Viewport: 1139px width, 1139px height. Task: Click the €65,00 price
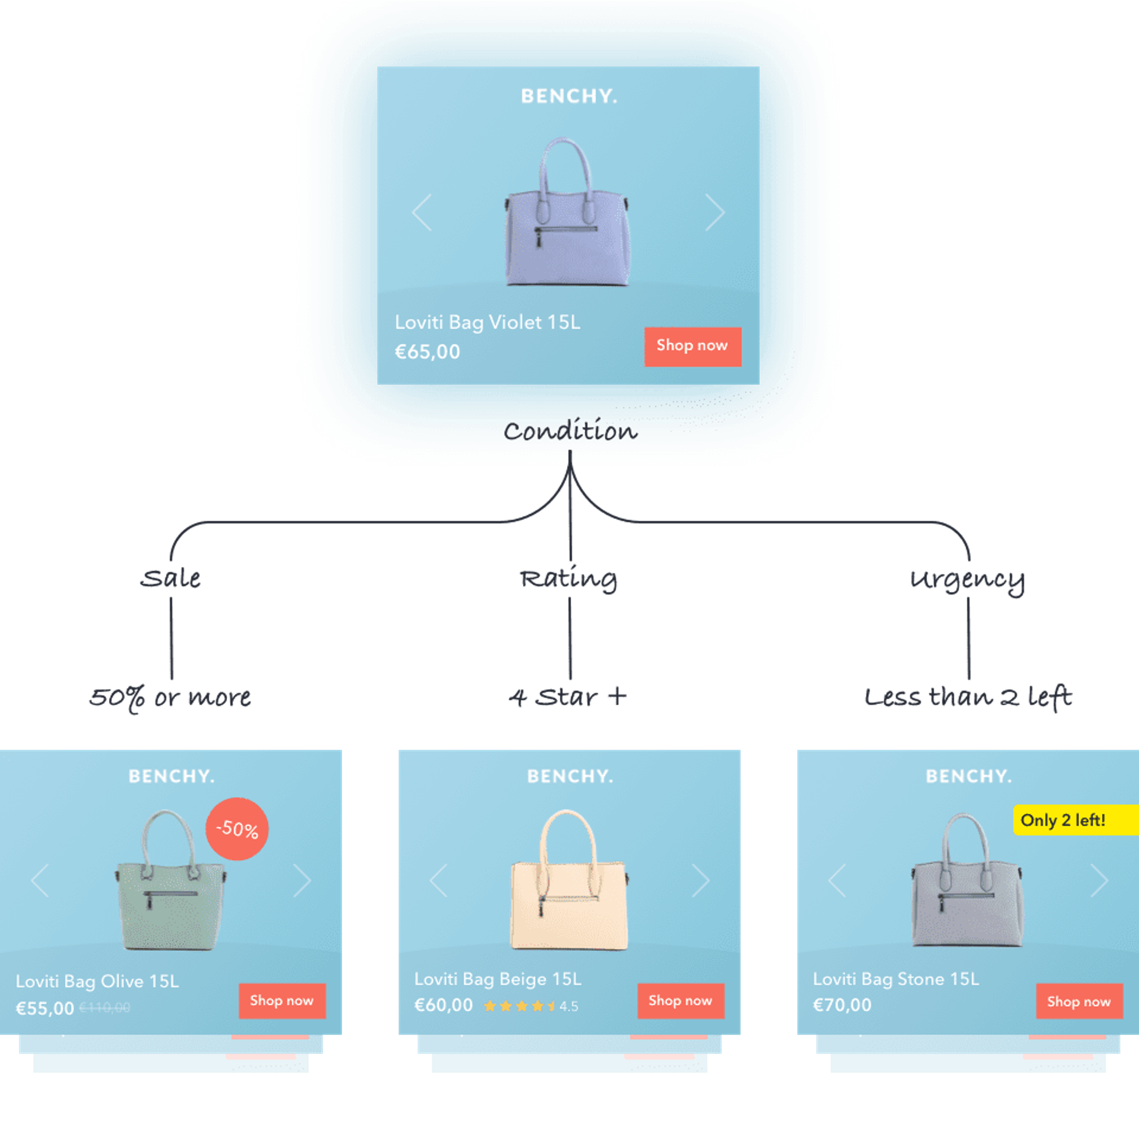(427, 352)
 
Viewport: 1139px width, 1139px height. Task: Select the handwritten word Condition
(570, 432)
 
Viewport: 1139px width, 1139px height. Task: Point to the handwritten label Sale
(170, 579)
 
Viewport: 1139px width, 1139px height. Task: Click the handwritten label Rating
(568, 579)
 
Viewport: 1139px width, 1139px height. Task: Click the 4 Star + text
(567, 697)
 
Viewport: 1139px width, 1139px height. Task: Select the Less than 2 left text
(968, 697)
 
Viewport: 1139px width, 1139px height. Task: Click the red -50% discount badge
(237, 829)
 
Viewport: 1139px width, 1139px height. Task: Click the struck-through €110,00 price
(105, 1008)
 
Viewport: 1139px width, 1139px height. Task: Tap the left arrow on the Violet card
(422, 212)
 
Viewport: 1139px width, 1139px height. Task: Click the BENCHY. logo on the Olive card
(171, 777)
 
